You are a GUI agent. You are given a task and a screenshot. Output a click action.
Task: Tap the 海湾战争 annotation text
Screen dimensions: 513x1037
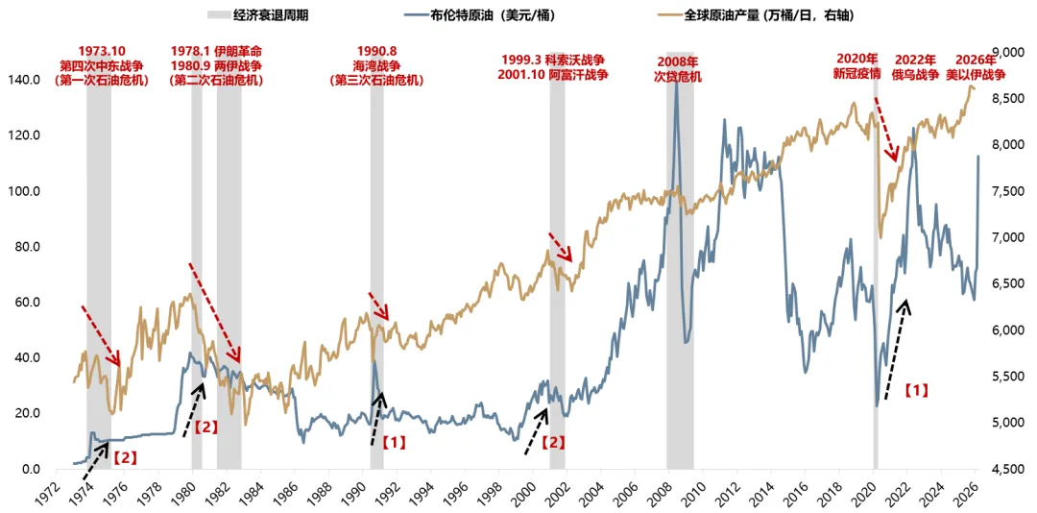[375, 65]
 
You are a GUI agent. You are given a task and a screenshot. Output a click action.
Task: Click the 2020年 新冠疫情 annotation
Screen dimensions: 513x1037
[857, 66]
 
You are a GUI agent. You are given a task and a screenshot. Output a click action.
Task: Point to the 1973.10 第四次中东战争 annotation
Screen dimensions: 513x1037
[102, 64]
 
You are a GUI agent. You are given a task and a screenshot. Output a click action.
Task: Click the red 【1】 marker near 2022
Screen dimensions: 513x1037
[916, 391]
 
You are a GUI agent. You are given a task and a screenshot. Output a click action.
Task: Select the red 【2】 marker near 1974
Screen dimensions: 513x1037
[125, 457]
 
